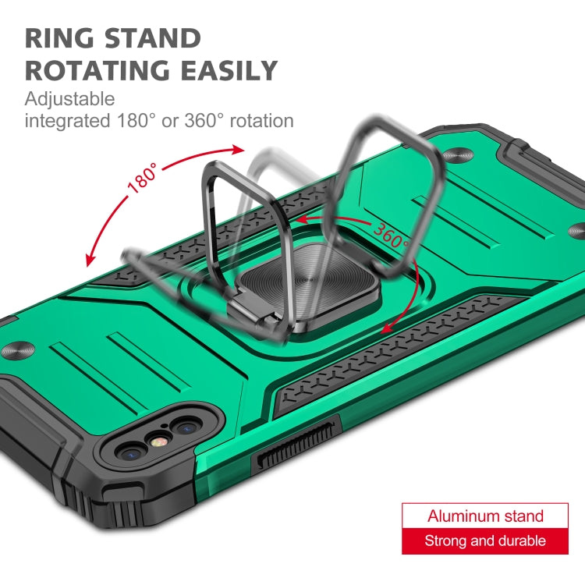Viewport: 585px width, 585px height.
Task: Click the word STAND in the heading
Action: [x=153, y=38]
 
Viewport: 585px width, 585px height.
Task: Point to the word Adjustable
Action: [x=69, y=99]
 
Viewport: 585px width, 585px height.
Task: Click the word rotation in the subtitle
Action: [x=261, y=121]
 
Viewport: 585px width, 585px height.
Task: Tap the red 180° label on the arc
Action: [x=142, y=178]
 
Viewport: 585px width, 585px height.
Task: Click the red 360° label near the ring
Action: [x=392, y=235]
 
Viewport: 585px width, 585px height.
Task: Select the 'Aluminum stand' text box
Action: [x=485, y=516]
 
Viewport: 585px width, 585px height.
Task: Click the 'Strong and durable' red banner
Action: [x=485, y=541]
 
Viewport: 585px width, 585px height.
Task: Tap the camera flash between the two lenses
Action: [x=158, y=442]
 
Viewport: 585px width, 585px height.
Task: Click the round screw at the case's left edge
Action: [x=17, y=351]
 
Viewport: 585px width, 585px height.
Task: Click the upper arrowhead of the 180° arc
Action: [x=237, y=151]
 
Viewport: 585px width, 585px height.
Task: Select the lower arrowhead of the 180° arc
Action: [x=90, y=259]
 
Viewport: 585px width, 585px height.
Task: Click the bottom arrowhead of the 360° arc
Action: [x=388, y=328]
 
